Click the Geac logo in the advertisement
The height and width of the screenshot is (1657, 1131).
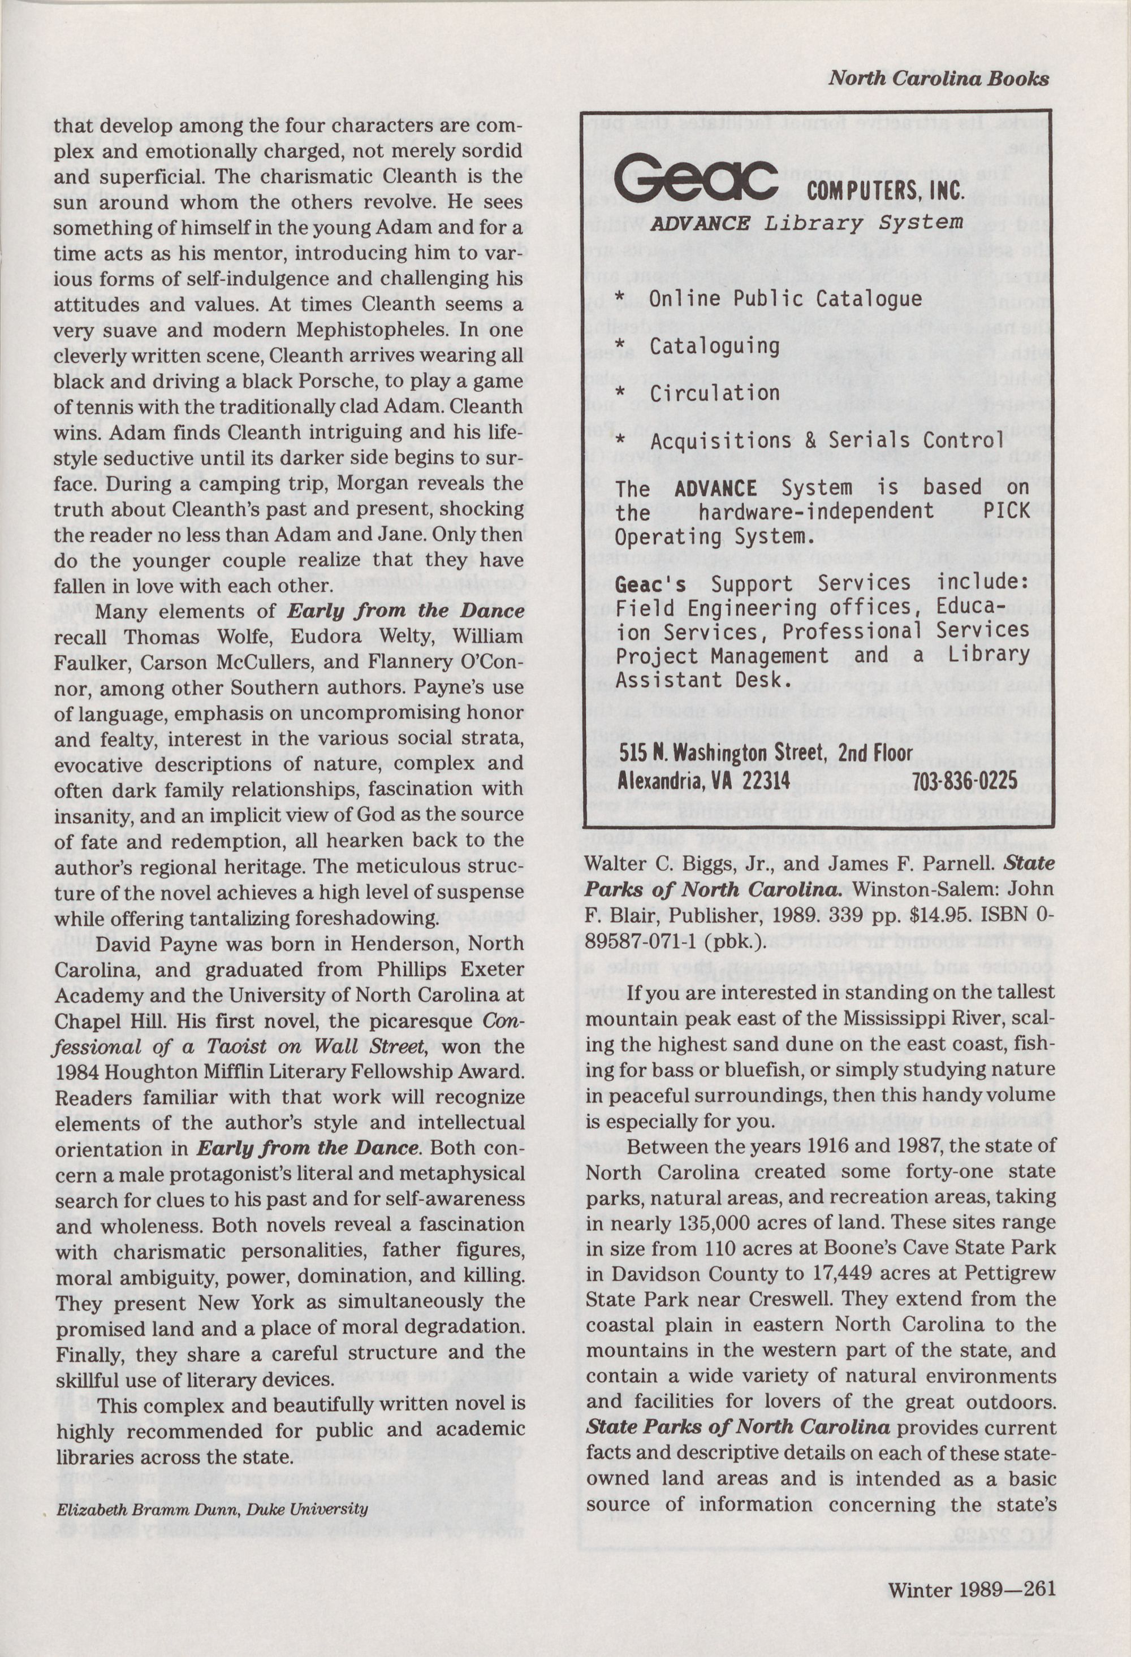[696, 181]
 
